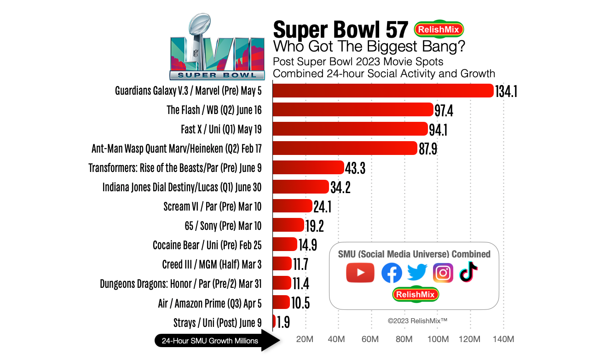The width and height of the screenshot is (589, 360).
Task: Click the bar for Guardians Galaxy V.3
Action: (x=383, y=91)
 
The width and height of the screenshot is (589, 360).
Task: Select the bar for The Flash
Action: (x=353, y=110)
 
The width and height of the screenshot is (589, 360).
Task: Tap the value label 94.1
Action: (x=438, y=130)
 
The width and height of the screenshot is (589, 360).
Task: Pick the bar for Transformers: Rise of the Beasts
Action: (x=308, y=167)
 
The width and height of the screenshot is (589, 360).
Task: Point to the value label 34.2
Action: (x=341, y=187)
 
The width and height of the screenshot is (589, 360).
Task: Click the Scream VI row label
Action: (x=212, y=206)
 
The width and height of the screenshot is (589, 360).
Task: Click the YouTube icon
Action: (x=360, y=273)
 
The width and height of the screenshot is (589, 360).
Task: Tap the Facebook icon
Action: (x=392, y=273)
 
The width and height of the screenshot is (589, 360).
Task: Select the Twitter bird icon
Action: (x=417, y=272)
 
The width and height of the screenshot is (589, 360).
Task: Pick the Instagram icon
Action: (x=443, y=273)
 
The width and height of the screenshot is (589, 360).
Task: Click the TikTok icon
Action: (x=468, y=272)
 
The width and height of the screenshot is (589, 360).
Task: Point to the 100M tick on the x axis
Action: (x=438, y=339)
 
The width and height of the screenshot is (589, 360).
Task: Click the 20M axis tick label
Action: (x=305, y=339)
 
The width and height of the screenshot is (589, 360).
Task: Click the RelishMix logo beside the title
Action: (x=439, y=29)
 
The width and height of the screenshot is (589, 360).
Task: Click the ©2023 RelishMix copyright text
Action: (x=417, y=321)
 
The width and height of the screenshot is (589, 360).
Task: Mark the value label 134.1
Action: (x=506, y=91)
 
